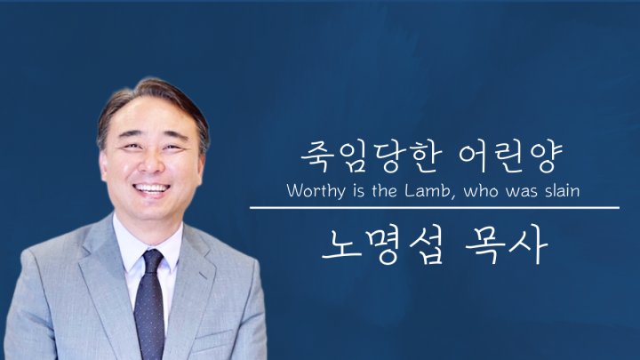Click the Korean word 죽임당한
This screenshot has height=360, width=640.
[x=371, y=156]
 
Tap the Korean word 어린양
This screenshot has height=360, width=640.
[x=510, y=156]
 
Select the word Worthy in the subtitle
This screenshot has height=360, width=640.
[x=316, y=191]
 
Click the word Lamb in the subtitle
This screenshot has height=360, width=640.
[x=428, y=190]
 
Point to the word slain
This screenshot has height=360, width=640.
[x=563, y=190]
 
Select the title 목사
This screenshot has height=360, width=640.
[x=506, y=245]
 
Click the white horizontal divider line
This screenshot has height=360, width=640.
[x=435, y=208]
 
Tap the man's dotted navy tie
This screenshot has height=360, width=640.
[x=149, y=304]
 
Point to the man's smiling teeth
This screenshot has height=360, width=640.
[x=151, y=188]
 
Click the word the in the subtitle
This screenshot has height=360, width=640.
[x=384, y=190]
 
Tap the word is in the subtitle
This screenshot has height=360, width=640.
[x=359, y=191]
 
